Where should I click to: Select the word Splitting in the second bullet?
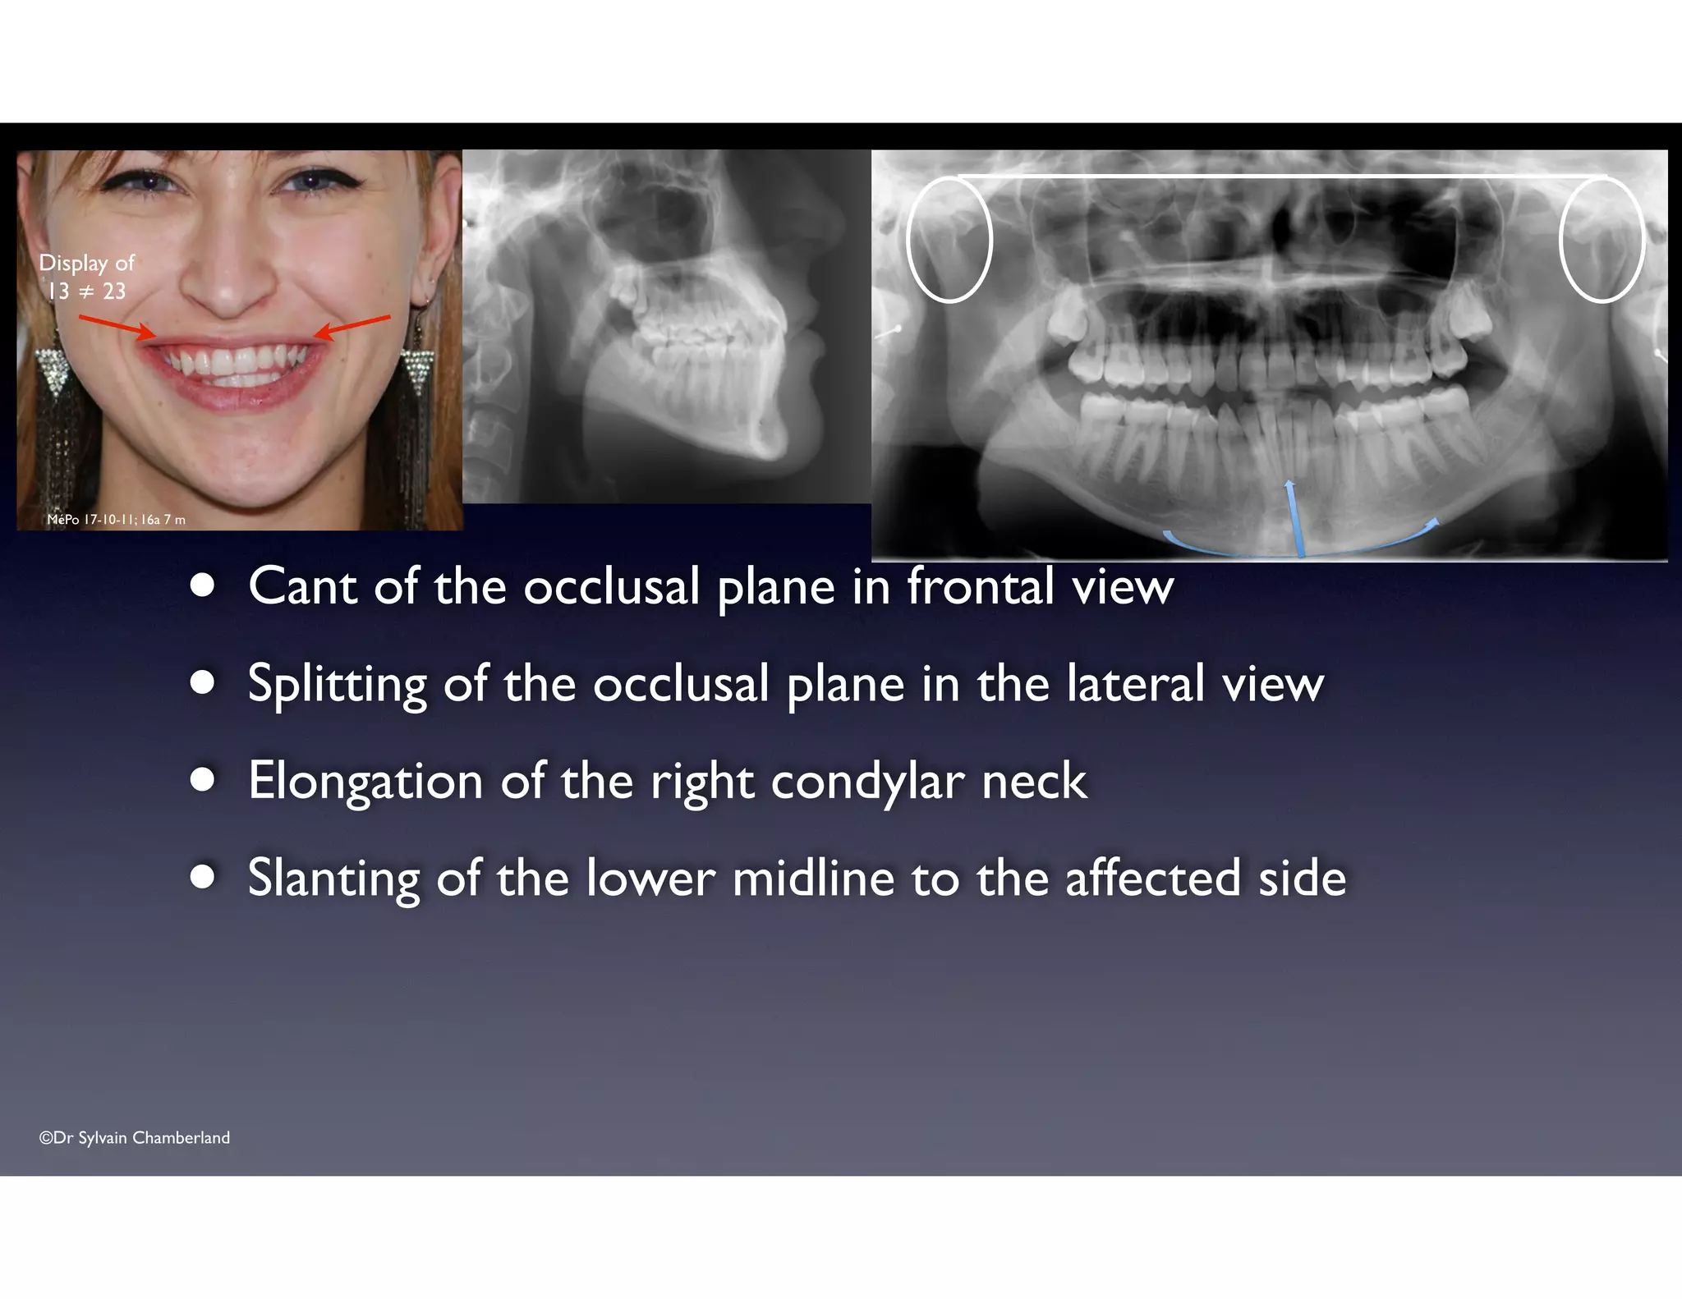336,684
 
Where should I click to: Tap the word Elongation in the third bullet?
365,781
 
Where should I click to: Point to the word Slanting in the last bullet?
333,878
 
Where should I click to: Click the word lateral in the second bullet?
1134,684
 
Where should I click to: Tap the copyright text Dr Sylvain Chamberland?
135,1137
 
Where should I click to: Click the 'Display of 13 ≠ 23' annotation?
86,277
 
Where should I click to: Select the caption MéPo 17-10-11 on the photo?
116,520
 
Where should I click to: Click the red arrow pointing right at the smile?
117,326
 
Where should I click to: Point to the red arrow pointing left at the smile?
353,326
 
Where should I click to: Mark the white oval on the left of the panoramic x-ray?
949,239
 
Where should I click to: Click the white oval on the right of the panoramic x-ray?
1602,239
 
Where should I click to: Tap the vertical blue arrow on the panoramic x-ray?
1294,518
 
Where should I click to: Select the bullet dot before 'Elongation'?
202,779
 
